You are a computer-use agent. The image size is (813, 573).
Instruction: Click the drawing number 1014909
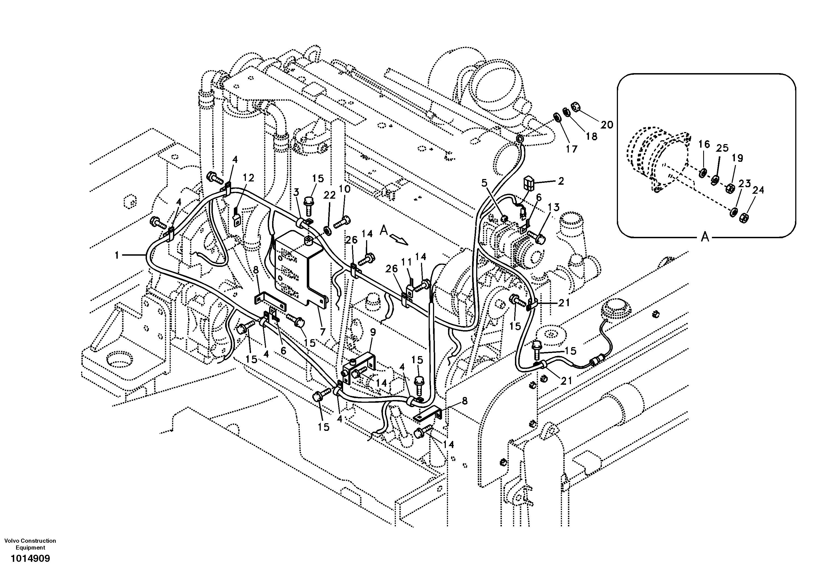(x=30, y=559)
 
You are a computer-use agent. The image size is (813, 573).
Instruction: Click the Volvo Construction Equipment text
(x=30, y=544)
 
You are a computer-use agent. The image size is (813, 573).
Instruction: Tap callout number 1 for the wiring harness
(x=117, y=255)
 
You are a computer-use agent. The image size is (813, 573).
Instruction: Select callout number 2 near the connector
(x=561, y=181)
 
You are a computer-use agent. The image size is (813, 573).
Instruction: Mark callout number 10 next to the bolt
(x=344, y=189)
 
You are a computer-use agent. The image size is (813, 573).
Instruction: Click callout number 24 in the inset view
(x=758, y=190)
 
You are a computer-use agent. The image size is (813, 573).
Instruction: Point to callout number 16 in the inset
(x=704, y=144)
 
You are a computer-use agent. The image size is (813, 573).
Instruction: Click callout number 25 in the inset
(x=722, y=148)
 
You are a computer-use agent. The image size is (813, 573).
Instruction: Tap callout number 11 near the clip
(x=406, y=262)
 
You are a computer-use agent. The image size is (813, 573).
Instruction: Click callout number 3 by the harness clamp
(x=296, y=192)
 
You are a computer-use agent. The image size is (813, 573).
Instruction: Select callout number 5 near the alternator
(x=484, y=183)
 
